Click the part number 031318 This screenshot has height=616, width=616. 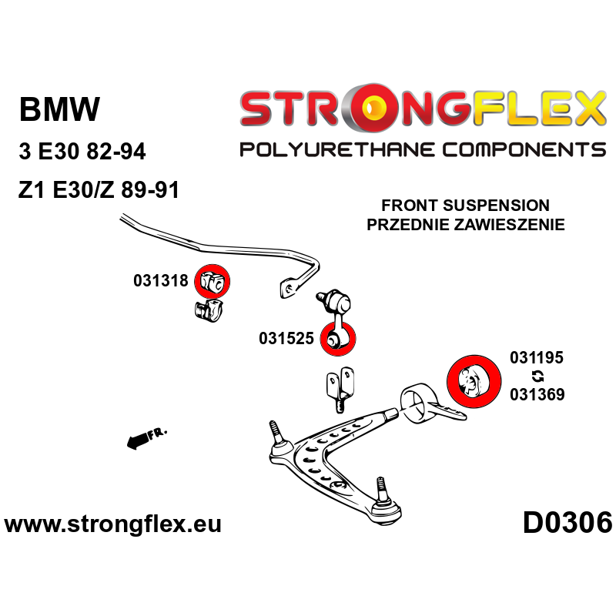160,281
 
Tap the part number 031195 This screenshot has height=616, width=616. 537,357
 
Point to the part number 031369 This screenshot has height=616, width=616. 537,394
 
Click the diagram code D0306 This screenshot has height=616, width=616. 567,523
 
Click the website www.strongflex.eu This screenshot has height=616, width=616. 112,524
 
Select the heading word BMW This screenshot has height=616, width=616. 59,110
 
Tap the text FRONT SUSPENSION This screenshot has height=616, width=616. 466,206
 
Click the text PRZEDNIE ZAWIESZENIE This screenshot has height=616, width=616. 466,225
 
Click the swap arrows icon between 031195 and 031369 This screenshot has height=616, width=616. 537,376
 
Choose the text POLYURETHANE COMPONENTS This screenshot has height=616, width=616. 422,149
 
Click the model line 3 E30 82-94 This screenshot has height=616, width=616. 82,152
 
